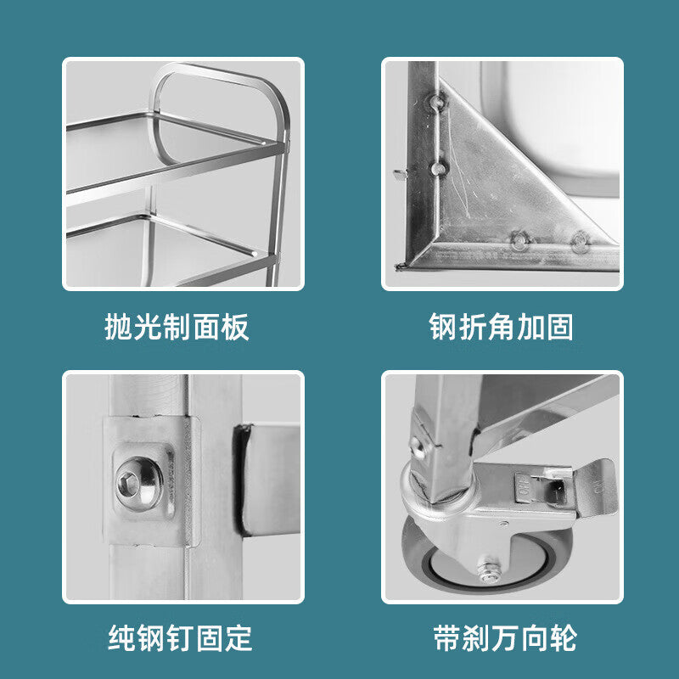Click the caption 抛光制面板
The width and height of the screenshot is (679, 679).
177,327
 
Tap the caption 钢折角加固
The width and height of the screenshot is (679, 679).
501,327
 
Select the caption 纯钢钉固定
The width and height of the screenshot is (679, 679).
180,637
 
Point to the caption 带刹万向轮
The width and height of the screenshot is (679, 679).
505,637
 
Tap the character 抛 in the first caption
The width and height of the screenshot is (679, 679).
118,327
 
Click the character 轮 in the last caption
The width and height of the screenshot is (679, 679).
563,637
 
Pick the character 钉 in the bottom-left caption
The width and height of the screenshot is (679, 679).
180,637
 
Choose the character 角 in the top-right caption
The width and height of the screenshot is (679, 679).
501,327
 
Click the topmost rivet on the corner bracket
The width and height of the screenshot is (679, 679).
437,102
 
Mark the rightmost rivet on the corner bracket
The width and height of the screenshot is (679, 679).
581,241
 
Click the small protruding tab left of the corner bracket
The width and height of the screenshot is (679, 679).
400,174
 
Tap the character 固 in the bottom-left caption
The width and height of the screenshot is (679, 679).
209,637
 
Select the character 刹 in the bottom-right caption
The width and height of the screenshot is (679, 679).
476,637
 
